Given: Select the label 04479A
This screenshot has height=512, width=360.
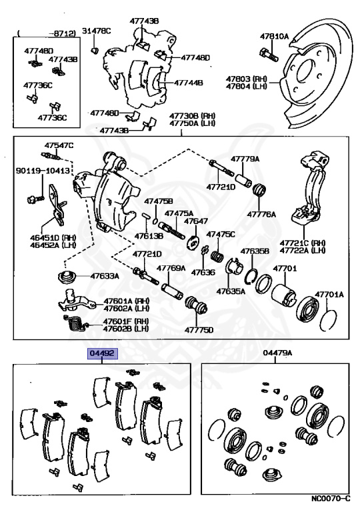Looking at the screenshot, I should pos(278,353).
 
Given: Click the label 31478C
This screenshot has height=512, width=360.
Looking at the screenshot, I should pos(97,31).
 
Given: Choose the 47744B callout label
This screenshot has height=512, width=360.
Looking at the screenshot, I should pos(189,84).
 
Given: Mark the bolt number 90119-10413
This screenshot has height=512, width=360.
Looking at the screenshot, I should pos(43,172).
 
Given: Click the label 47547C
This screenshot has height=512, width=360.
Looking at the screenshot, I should pos(59,145).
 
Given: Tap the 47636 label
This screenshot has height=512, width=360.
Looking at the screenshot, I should pos(203,273).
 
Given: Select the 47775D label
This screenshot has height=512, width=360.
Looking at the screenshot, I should pos(199,329).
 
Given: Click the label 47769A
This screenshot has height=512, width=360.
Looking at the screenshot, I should pos(171,268).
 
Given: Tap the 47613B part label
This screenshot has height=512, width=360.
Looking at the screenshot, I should pos(149,235).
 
